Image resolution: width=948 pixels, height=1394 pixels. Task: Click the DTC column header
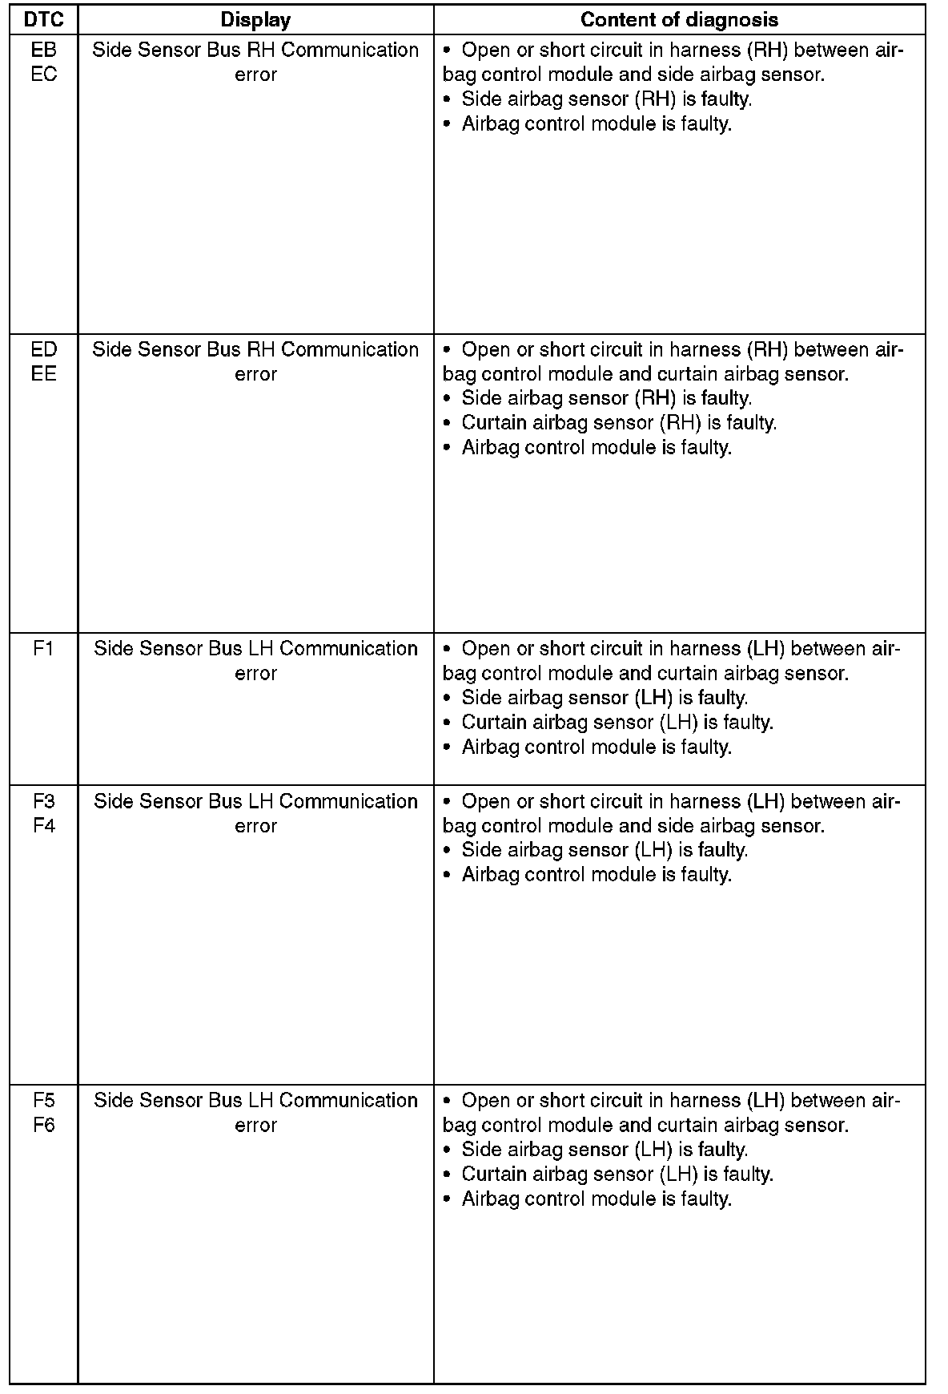[44, 19]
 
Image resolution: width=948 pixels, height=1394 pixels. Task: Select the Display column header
[255, 19]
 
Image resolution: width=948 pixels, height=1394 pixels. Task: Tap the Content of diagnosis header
[679, 19]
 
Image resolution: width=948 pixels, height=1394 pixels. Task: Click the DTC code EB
[44, 50]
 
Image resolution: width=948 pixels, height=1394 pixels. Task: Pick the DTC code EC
[44, 75]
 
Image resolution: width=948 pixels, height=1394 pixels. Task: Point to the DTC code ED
[44, 349]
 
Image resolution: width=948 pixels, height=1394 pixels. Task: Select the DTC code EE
[44, 374]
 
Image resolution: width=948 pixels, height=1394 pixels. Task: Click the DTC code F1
[44, 648]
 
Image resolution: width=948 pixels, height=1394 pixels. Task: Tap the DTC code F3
[44, 801]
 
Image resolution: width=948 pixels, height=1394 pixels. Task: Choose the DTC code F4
[44, 826]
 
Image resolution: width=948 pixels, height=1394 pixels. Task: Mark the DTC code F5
[44, 1100]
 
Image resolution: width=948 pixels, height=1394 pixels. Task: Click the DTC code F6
[44, 1125]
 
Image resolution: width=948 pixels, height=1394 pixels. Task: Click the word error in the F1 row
[255, 674]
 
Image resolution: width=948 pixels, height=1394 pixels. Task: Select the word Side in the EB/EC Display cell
[111, 50]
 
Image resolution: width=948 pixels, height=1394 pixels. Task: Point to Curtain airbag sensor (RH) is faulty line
[618, 423]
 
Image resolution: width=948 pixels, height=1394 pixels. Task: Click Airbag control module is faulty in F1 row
[597, 747]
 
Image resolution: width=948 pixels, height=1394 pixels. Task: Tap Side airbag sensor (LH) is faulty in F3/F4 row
[605, 850]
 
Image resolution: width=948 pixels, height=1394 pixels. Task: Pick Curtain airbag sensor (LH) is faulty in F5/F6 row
[617, 1174]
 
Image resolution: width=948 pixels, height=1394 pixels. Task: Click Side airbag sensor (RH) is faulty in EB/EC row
[606, 99]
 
